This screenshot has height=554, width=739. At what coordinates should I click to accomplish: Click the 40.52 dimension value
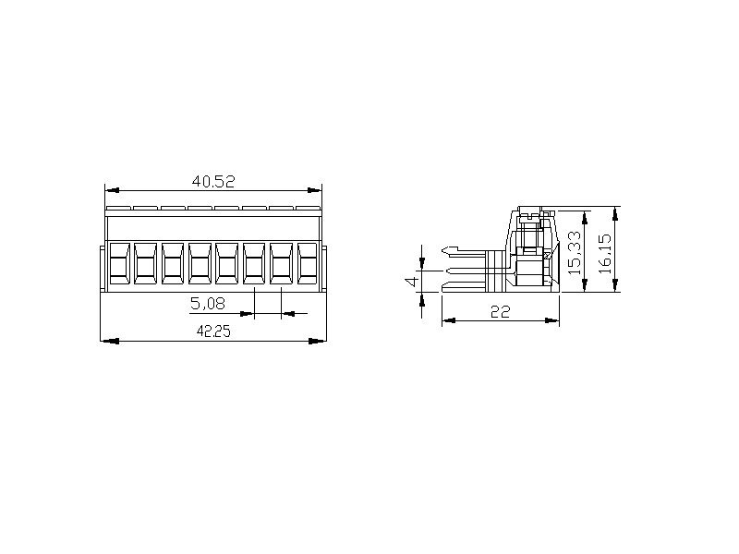pos(213,181)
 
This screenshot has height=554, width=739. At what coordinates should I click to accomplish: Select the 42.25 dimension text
pos(213,331)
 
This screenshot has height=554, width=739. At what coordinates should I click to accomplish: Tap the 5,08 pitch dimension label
pos(207,304)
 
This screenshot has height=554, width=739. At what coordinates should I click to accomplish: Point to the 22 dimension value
pos(500,311)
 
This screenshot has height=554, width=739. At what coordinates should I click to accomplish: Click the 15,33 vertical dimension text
pos(575,252)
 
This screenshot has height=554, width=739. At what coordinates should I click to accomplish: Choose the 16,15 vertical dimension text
pos(604,253)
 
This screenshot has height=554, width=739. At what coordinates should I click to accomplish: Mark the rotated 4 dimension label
pos(412,282)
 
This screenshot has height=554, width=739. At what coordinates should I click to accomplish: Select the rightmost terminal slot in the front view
pos(307,263)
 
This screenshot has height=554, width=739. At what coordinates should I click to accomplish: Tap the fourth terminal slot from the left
pos(200,263)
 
